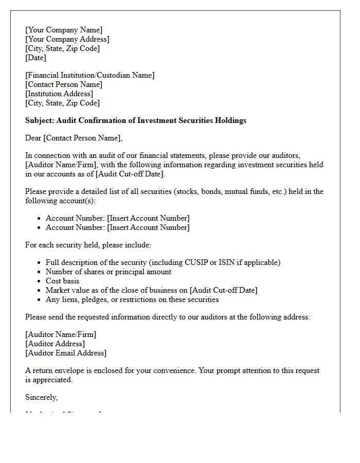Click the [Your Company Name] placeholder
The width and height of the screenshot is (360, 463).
tap(64, 30)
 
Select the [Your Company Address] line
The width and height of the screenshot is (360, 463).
tap(67, 39)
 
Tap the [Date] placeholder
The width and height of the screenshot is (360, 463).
tap(35, 58)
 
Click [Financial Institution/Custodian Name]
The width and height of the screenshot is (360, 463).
tap(90, 75)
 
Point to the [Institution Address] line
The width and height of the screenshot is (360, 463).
tap(59, 94)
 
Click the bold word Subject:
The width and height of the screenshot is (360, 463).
tap(40, 120)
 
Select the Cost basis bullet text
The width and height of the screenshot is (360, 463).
tap(62, 281)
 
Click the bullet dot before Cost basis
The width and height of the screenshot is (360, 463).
tap(39, 281)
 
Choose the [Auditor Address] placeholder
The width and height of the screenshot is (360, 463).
tap(55, 344)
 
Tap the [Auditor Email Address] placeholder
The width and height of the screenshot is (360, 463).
tap(66, 353)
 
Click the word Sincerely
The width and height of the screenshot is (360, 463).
tap(41, 397)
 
